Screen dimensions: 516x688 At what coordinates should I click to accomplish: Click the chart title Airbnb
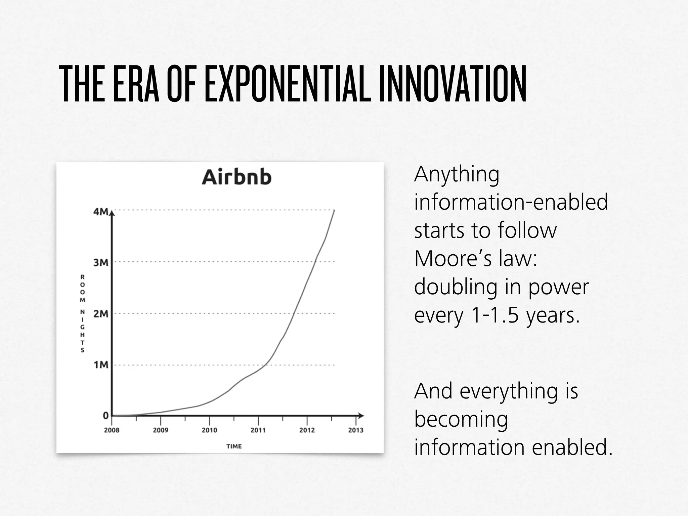(x=236, y=177)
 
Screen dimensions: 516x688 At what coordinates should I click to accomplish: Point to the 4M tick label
(x=101, y=212)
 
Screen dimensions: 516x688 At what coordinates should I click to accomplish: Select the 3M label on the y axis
(x=101, y=262)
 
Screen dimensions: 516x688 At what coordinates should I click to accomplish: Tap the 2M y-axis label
(x=101, y=314)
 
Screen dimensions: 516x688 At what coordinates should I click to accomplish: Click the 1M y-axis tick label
(x=101, y=365)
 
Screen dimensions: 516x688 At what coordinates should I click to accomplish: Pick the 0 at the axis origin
(x=106, y=416)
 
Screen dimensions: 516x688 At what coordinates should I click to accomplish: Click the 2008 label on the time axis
(x=112, y=430)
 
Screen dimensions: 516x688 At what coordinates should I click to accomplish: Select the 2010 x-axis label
(x=209, y=430)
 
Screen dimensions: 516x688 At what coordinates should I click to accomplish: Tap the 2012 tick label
(x=307, y=430)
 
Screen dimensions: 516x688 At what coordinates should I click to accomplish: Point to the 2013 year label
(x=356, y=430)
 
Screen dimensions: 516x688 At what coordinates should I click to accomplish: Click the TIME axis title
(x=234, y=446)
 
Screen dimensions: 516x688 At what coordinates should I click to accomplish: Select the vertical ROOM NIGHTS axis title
(x=82, y=313)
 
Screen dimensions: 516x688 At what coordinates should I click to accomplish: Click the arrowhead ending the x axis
(x=361, y=416)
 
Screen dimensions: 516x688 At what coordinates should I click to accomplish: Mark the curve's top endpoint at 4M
(x=334, y=210)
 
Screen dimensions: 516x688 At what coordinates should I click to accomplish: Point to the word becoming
(x=461, y=419)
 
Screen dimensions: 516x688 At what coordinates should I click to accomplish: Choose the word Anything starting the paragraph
(x=457, y=175)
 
